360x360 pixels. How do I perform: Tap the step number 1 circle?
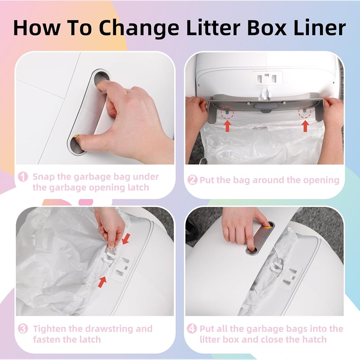(x=23, y=177)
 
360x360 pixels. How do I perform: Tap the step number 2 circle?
(x=192, y=180)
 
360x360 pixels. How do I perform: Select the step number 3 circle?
(x=23, y=329)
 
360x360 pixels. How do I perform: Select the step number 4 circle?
(x=192, y=329)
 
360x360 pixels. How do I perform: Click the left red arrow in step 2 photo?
(x=227, y=126)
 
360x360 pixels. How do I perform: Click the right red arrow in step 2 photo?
(x=305, y=126)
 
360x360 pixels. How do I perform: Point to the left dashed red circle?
(x=227, y=112)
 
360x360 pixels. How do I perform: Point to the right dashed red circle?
(x=305, y=112)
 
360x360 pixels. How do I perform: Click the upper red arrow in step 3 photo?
(x=126, y=239)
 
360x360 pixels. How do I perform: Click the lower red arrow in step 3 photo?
(x=102, y=282)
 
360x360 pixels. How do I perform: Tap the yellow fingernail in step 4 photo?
(x=267, y=227)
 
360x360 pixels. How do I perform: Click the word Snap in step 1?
(x=44, y=177)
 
